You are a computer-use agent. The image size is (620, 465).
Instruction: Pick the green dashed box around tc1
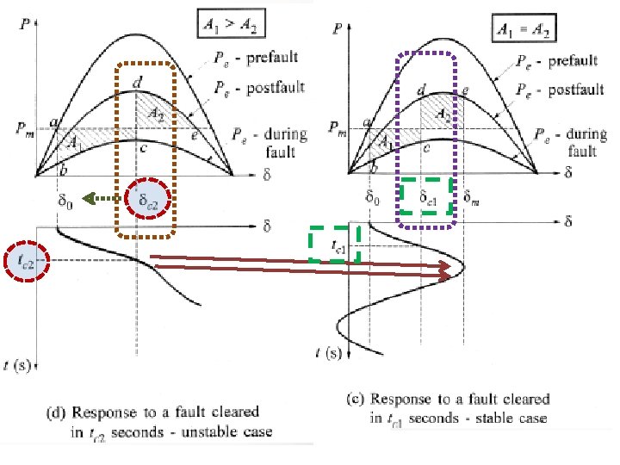pos(334,245)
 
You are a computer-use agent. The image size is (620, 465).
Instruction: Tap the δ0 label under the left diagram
pos(65,200)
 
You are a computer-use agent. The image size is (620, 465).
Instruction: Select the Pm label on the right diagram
pos(338,128)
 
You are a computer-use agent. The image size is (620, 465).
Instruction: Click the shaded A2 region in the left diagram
pos(158,113)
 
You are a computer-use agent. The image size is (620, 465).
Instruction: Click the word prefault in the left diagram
pos(274,58)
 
